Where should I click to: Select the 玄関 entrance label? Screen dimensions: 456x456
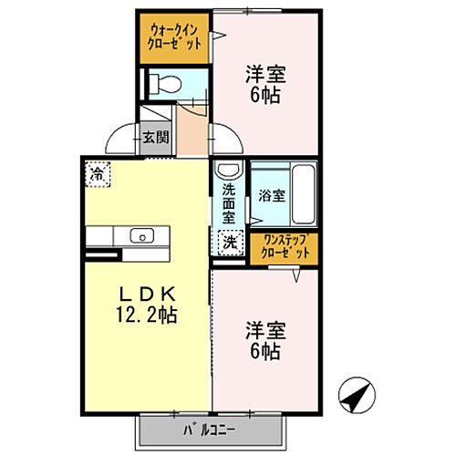(154, 139)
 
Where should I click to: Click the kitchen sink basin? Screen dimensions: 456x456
(142, 236)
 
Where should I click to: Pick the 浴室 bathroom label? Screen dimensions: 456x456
(271, 195)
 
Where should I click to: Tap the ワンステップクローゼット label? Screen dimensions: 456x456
(285, 247)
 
